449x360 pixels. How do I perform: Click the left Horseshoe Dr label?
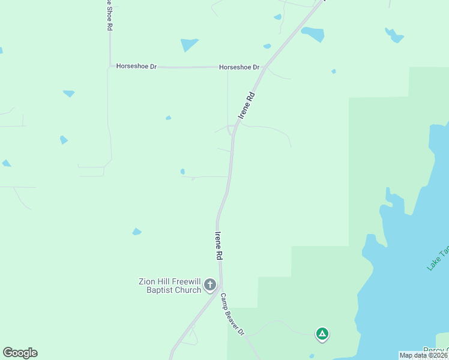click(x=136, y=67)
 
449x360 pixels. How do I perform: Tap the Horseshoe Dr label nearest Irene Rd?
click(x=239, y=67)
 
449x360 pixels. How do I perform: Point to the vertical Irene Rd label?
click(x=218, y=245)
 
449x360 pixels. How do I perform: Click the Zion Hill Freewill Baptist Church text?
click(x=170, y=286)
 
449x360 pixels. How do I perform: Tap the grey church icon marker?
click(x=210, y=285)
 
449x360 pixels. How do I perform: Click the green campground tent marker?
click(x=322, y=334)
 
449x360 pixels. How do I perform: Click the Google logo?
click(x=20, y=353)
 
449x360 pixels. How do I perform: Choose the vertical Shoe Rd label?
click(x=109, y=16)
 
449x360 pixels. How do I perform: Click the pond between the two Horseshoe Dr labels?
click(x=189, y=44)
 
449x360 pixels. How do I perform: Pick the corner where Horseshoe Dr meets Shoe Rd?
click(x=110, y=65)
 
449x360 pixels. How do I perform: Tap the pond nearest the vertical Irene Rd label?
click(x=182, y=172)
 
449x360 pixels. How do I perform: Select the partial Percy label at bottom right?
click(x=435, y=350)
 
